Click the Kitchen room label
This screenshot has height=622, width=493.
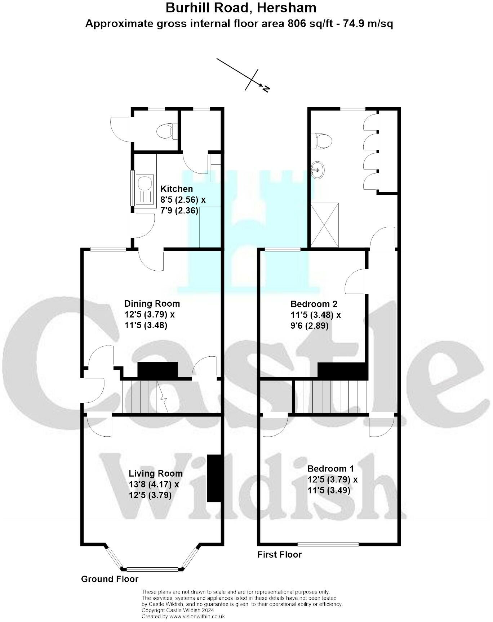tap(177, 189)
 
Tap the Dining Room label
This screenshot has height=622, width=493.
tap(152, 303)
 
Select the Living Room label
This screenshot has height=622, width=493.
tap(156, 473)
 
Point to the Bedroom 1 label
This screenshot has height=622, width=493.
tap(330, 468)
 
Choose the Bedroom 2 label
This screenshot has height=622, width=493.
tap(314, 304)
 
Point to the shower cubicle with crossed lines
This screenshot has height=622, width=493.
tap(325, 225)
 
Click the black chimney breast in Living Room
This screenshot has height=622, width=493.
tap(214, 478)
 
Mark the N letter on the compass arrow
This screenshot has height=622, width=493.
tap(266, 89)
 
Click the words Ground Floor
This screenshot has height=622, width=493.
tap(110, 579)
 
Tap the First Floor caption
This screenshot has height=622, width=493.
tap(279, 554)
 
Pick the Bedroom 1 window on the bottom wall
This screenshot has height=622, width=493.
tap(328, 544)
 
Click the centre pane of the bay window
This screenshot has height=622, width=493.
tap(152, 569)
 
